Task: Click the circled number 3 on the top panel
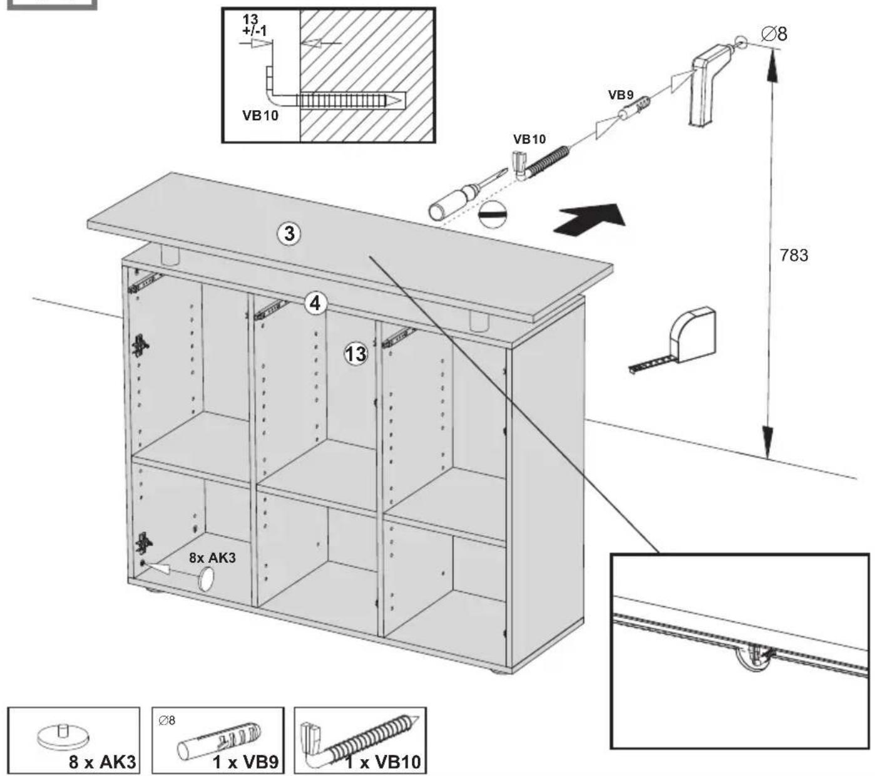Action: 289,234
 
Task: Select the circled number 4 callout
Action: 315,303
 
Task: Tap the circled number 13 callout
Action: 356,354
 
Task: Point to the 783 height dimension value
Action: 794,255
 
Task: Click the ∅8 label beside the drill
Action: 774,34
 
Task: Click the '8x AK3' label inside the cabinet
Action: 212,557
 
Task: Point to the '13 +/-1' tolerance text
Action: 254,25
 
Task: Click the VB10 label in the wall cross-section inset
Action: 260,115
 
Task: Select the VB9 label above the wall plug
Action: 621,95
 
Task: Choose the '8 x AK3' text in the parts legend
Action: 103,762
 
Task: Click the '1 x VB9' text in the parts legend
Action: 245,762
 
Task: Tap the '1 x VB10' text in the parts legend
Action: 382,762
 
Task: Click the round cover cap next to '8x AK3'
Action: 205,579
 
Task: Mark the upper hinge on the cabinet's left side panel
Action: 141,346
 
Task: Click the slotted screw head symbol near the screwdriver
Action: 493,214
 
